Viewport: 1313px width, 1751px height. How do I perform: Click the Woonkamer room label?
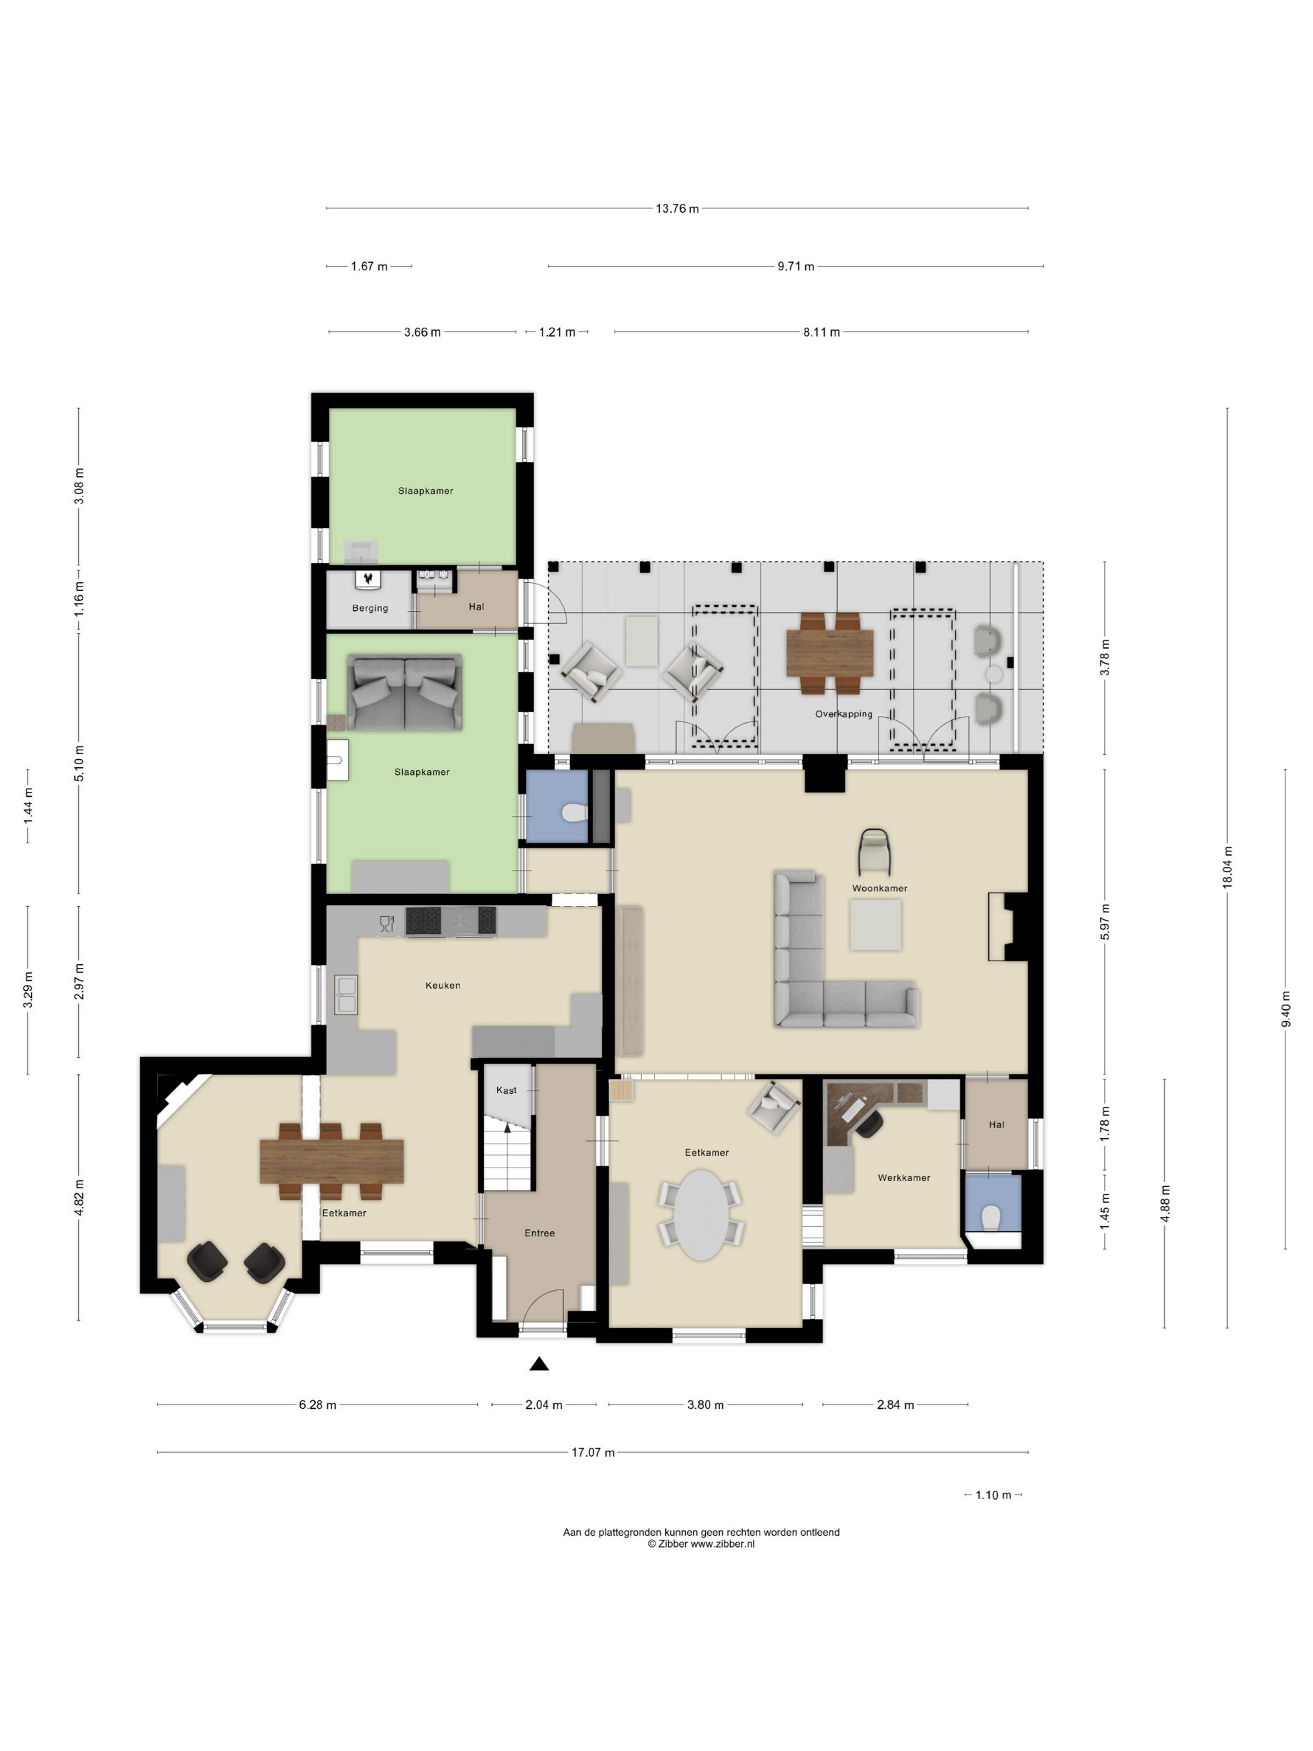coord(879,888)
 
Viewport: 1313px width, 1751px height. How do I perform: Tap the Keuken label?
coord(443,986)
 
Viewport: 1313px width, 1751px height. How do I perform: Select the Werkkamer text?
coord(904,1178)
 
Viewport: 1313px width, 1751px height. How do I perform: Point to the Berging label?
coord(370,608)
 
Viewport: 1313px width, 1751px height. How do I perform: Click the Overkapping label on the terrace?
coord(843,714)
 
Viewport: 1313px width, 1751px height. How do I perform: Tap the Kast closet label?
coord(506,1090)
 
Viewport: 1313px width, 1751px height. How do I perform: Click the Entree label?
coord(540,1233)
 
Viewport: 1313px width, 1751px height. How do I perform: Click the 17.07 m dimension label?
coord(593,1453)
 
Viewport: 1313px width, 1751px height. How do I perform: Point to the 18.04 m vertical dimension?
coord(1227,867)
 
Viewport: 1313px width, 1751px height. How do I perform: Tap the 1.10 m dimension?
coord(994,1495)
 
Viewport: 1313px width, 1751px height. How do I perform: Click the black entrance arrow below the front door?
coord(539,1363)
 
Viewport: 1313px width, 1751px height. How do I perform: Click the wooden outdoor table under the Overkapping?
coord(830,652)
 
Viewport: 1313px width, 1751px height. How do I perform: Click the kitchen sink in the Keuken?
coord(346,994)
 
